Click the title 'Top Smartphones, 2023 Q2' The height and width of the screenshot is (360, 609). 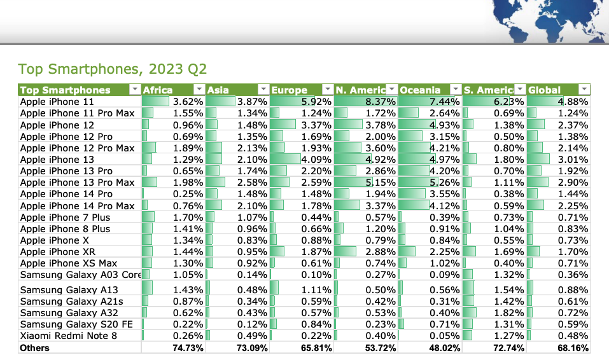tap(112, 69)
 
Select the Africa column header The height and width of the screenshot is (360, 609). tap(158, 90)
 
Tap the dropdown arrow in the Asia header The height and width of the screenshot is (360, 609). tap(263, 90)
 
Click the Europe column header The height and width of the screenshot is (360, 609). tap(290, 90)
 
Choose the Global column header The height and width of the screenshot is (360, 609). tap(545, 90)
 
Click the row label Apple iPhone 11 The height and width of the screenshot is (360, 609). tap(58, 102)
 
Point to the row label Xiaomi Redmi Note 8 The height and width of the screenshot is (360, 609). tap(68, 336)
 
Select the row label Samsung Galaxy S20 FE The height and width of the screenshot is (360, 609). tap(76, 324)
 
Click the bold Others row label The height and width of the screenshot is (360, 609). tap(34, 348)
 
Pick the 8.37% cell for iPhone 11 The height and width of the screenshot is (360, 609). tap(382, 102)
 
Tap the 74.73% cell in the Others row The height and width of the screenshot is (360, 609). tap(188, 348)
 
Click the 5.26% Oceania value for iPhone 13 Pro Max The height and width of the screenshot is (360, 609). tap(445, 183)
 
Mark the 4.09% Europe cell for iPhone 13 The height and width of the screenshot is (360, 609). tap(317, 160)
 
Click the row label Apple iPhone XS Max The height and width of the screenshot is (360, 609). tap(69, 263)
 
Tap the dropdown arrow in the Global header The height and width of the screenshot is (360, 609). tap(584, 90)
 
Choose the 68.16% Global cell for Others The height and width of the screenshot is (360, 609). tap(573, 348)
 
